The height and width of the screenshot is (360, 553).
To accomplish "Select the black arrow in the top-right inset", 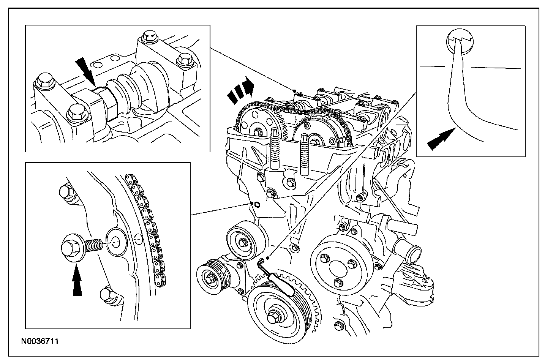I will (x=441, y=140).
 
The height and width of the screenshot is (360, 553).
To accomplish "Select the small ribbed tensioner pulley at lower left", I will (x=210, y=279).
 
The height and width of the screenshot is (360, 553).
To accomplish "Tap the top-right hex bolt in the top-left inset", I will (x=185, y=58).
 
